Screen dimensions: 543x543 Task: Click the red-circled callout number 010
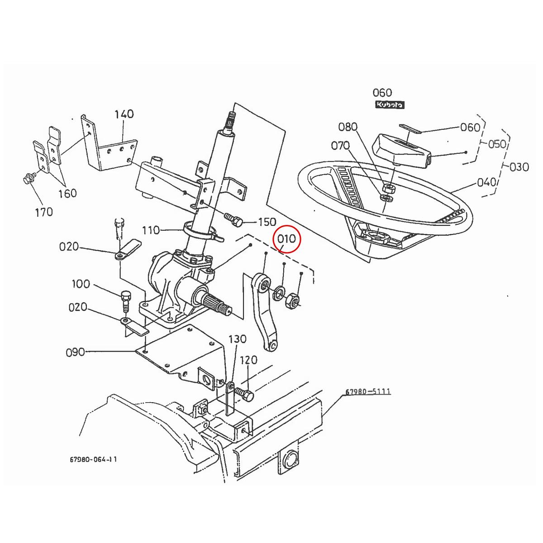pyautogui.click(x=286, y=238)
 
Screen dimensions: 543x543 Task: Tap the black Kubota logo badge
pyautogui.click(x=390, y=105)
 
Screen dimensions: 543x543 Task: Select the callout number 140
pyautogui.click(x=124, y=114)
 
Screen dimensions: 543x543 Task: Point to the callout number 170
pyautogui.click(x=44, y=211)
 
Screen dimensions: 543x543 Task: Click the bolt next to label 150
pyautogui.click(x=233, y=221)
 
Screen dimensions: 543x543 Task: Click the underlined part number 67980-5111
pyautogui.click(x=368, y=392)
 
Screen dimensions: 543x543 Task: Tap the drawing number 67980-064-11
pyautogui.click(x=94, y=459)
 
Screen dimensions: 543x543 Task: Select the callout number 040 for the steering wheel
pyautogui.click(x=487, y=182)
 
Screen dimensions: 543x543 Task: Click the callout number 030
pyautogui.click(x=519, y=167)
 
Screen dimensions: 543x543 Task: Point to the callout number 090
pyautogui.click(x=75, y=352)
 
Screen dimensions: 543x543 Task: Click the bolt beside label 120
pyautogui.click(x=244, y=394)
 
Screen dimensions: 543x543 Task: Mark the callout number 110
pyautogui.click(x=151, y=230)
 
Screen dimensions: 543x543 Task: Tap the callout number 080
pyautogui.click(x=348, y=127)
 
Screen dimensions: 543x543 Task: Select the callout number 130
pyautogui.click(x=237, y=339)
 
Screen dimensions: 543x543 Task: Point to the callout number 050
pyautogui.click(x=497, y=144)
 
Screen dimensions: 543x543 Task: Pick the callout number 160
pyautogui.click(x=67, y=193)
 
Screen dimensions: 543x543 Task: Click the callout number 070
pyautogui.click(x=340, y=145)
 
